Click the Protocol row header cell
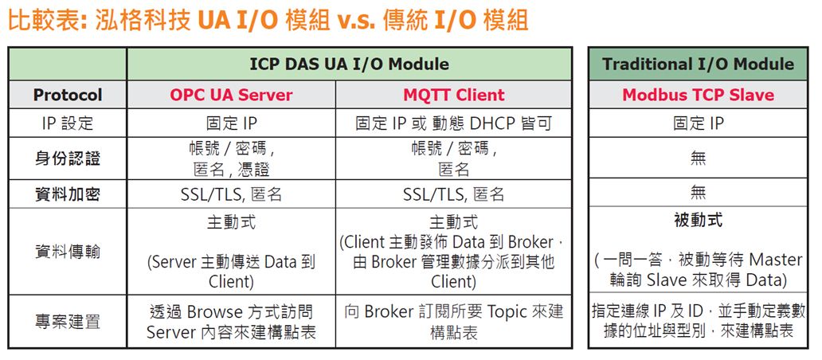pos(68,95)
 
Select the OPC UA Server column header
pos(231,95)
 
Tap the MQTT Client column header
pos(453,95)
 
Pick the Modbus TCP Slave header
pos(698,95)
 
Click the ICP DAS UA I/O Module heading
pos(349,64)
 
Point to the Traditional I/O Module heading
pos(698,64)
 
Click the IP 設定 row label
pos(68,123)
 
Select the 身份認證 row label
pos(68,158)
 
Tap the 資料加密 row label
pos(68,194)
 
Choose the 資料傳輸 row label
pos(68,252)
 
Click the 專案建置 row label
pos(68,321)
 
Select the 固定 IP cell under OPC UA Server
pos(231,123)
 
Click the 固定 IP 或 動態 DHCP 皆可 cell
pos(453,123)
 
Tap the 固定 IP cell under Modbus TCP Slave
pos(698,123)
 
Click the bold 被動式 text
pos(698,220)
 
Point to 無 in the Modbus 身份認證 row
pos(698,158)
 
